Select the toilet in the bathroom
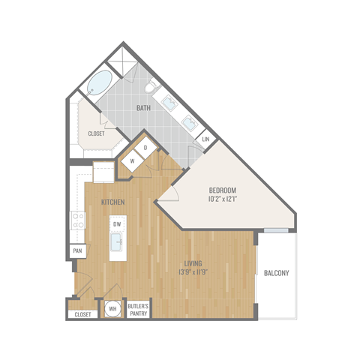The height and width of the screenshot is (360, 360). tap(150, 89)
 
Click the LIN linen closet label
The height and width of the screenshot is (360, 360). tap(205, 139)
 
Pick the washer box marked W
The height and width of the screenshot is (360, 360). tap(132, 160)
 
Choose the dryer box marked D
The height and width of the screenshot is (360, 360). tap(145, 147)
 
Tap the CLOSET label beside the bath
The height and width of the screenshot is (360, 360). tap(96, 133)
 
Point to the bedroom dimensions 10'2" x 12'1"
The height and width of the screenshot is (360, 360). tap(223, 200)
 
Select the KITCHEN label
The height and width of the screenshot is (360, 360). tap(112, 203)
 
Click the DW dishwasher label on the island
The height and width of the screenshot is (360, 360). tap(117, 224)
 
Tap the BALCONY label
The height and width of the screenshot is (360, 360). tap(277, 273)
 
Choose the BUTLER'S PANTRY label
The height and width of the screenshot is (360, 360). tap(137, 309)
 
